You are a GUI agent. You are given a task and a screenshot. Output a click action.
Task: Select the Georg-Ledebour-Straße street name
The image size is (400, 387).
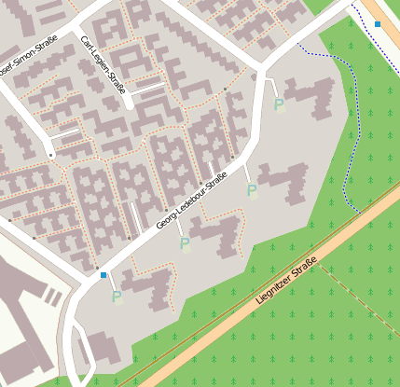[x=191, y=203]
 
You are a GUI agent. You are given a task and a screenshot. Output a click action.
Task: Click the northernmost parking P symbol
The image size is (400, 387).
[x=279, y=105]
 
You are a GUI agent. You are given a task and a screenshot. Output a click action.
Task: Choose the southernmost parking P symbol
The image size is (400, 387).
[x=117, y=297]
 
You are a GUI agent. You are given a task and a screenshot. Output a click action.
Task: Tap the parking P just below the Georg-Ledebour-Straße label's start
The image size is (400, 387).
[x=185, y=244]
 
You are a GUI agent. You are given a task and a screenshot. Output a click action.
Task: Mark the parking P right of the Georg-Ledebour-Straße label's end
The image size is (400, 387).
[x=252, y=190]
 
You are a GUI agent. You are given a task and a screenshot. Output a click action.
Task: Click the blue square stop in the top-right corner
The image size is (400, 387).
[x=378, y=23]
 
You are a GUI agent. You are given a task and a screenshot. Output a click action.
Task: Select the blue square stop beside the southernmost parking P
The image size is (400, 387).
[x=103, y=275]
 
